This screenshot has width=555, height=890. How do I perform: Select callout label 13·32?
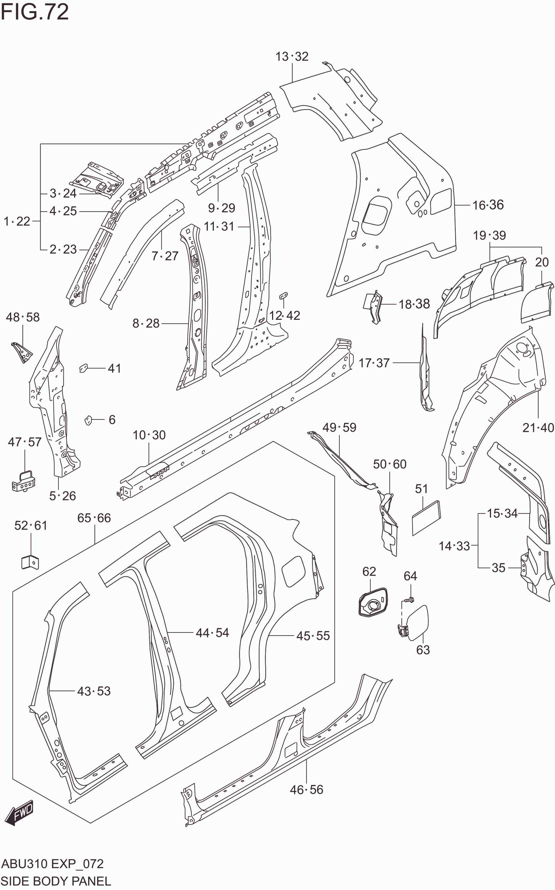click(292, 57)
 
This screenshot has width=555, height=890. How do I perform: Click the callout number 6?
click(112, 419)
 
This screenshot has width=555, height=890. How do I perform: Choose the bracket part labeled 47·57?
click(24, 481)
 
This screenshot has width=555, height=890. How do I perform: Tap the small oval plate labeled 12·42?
click(284, 295)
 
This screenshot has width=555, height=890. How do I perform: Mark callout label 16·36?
click(488, 205)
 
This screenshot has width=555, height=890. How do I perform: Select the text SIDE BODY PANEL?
click(55, 881)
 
